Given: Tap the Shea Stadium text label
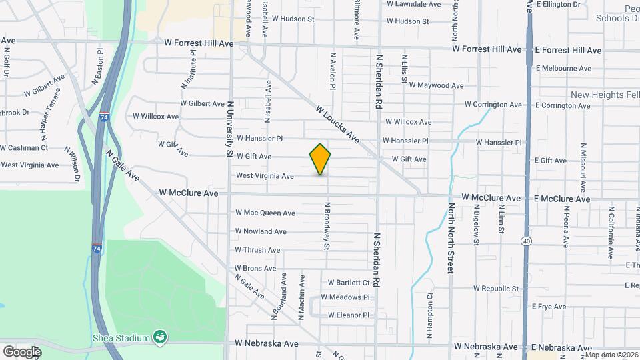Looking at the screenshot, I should tap(121, 337).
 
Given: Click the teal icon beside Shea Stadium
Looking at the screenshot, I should tap(159, 337).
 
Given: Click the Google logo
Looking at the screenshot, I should tap(22, 351).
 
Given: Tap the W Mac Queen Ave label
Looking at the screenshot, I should tap(265, 213).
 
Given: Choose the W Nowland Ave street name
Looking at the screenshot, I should tap(261, 231).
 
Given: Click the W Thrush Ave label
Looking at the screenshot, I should tap(257, 250).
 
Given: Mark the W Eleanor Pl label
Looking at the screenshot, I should tap(349, 315).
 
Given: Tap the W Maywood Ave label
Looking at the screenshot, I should tap(436, 85).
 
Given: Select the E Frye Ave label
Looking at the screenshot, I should tap(549, 307).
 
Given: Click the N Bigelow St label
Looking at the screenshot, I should tap(477, 227).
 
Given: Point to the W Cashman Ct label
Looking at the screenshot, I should tap(24, 147).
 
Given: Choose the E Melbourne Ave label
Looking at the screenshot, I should tap(563, 68).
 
